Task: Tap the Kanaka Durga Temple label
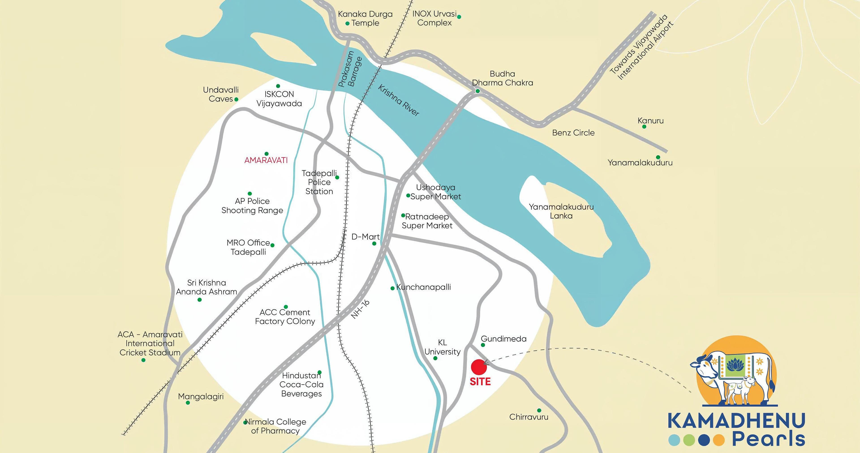tap(365, 19)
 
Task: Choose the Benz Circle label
tap(573, 133)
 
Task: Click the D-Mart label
tap(365, 237)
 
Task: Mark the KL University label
tap(442, 347)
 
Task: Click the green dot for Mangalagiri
tap(188, 403)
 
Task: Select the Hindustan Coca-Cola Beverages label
tap(301, 384)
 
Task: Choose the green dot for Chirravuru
tap(539, 410)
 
